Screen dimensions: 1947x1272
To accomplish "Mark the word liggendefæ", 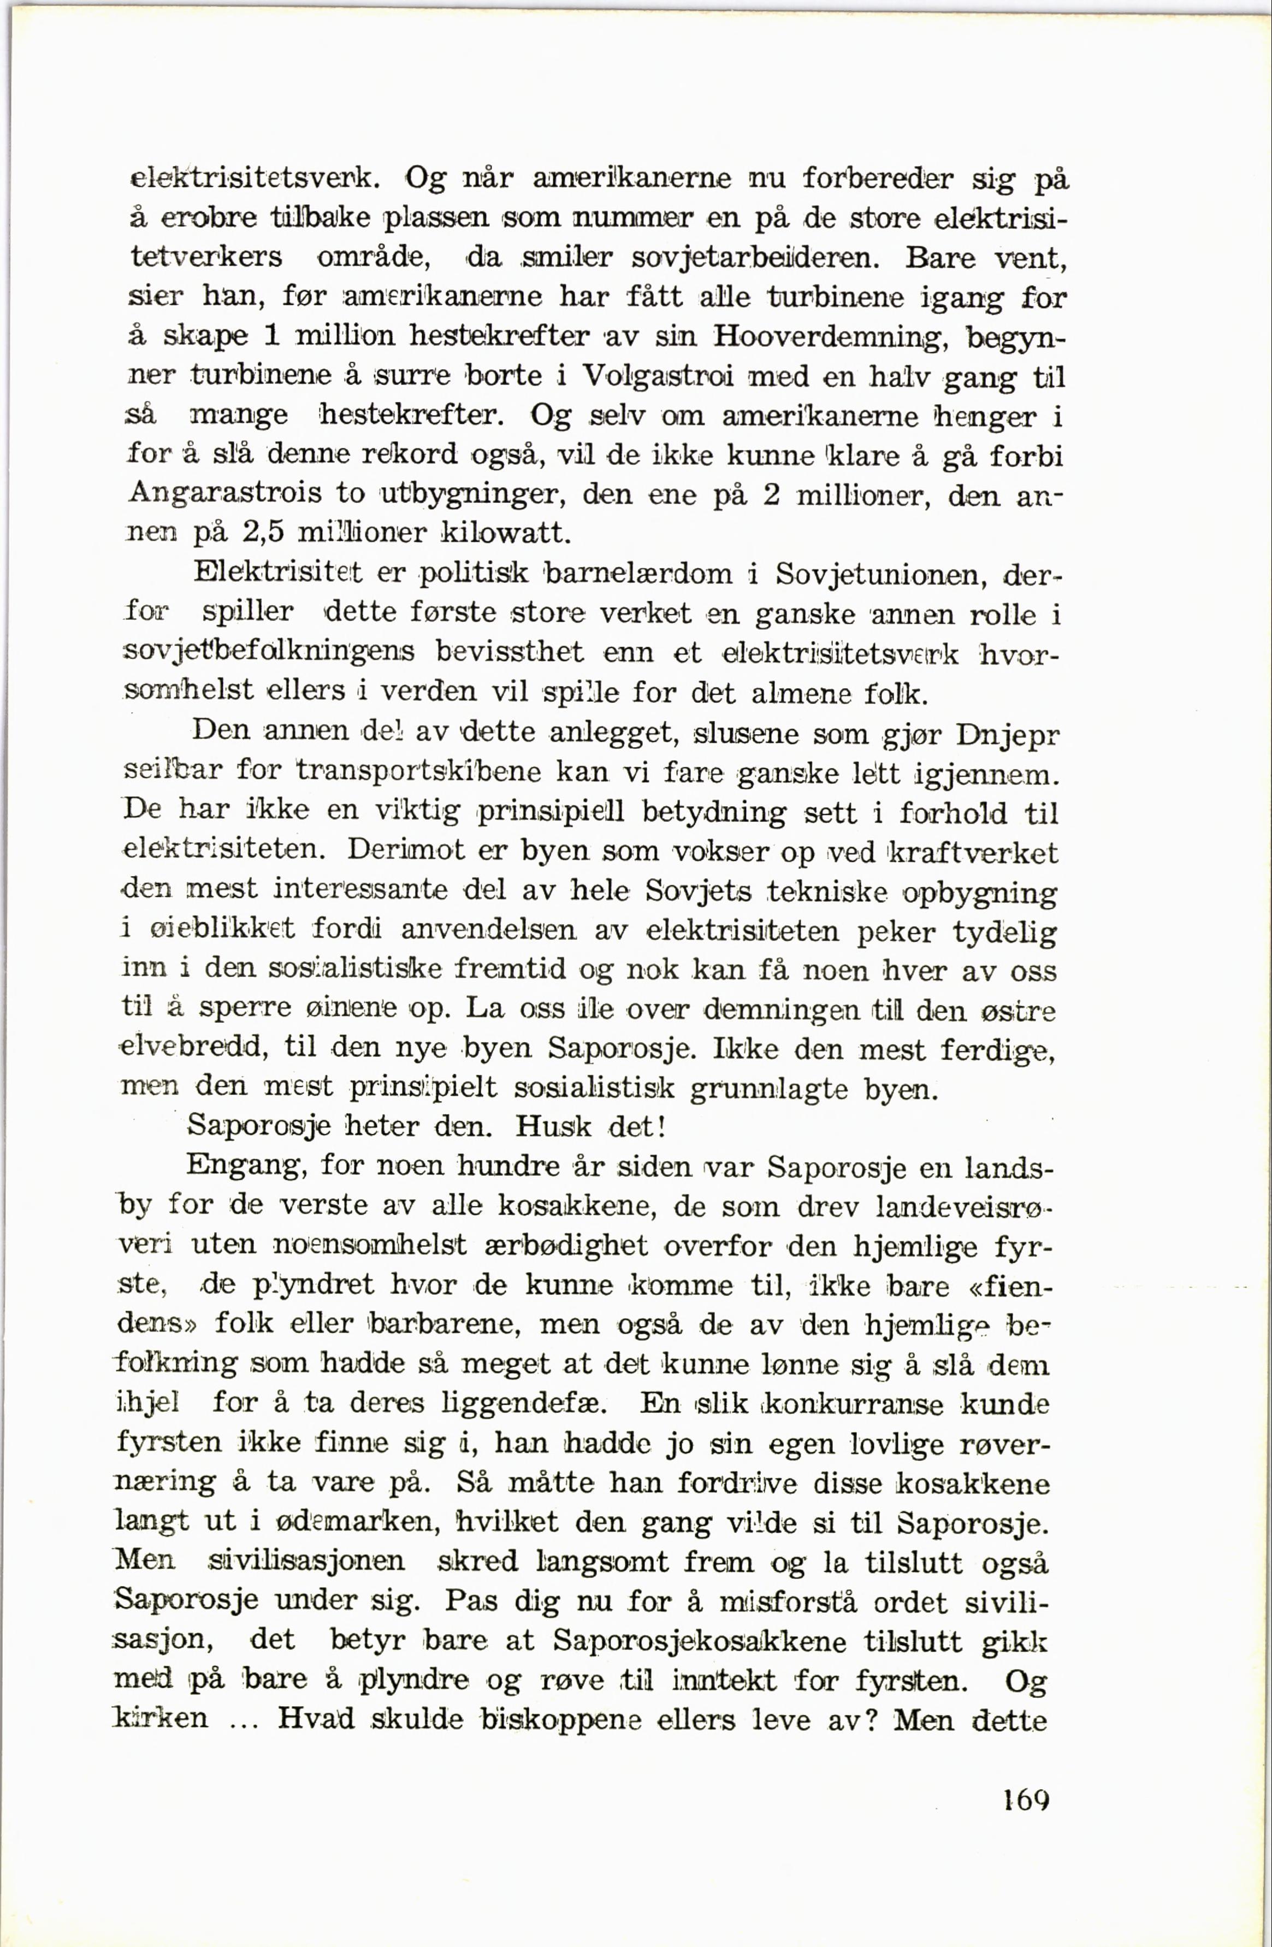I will [x=524, y=1404].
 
